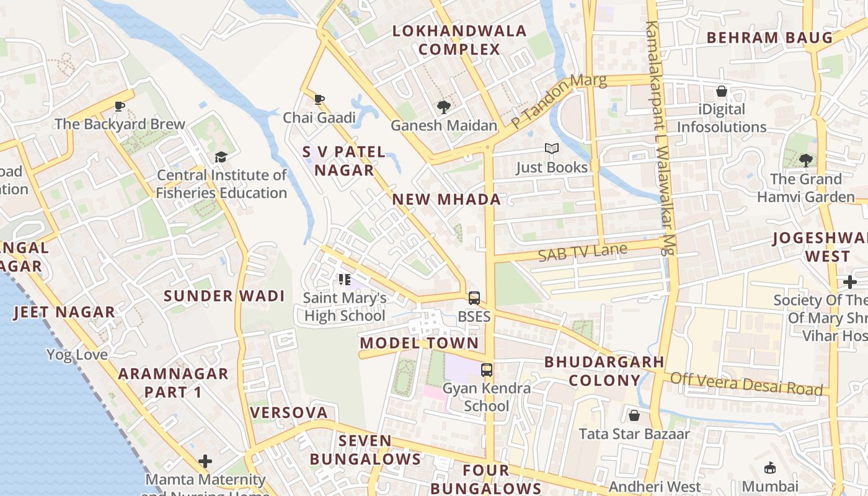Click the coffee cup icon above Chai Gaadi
[x=319, y=99]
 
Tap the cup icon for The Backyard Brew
[x=120, y=106]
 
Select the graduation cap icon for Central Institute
[x=221, y=157]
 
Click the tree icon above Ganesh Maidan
[x=443, y=107]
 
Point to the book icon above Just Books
[x=551, y=149]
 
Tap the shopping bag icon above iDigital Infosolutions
[x=722, y=92]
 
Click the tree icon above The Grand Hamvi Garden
[x=805, y=161]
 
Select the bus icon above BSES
[x=474, y=298]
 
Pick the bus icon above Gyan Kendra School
[x=487, y=370]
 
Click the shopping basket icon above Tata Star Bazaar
[x=634, y=415]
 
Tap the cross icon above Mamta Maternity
[x=205, y=461]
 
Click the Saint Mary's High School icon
[x=345, y=280]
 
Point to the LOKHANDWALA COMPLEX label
[x=459, y=40]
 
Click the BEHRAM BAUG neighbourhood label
[x=769, y=38]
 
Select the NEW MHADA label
[x=446, y=199]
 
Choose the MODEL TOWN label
[x=419, y=343]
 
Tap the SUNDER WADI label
[x=224, y=296]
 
